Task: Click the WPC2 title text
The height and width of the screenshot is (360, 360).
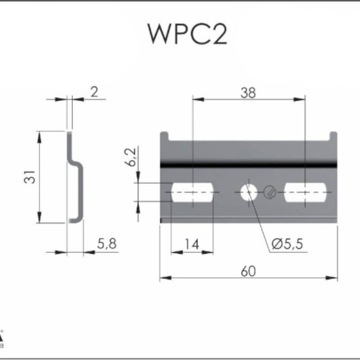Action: point(187,34)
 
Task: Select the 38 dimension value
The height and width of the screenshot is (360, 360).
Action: point(248,93)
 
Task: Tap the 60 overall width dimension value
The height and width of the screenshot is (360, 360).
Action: point(248,271)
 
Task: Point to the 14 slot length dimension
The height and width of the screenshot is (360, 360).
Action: point(192,244)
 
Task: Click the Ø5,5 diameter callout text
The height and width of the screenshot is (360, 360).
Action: point(287,244)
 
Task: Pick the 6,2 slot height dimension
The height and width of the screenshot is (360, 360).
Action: point(130,157)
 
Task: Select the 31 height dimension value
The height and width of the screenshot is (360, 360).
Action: point(30,177)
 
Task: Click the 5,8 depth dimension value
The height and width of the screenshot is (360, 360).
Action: point(107,244)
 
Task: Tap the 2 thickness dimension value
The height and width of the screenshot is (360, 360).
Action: point(94,92)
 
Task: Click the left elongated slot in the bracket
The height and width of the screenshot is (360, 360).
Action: point(193,193)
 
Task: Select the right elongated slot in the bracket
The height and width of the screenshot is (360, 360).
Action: point(305,193)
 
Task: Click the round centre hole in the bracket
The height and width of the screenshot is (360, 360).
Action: point(248,193)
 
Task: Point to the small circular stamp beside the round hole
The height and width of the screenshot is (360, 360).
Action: point(270,193)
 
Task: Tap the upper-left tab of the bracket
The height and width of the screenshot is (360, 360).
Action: point(164,136)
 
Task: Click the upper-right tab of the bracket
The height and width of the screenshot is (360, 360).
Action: point(334,136)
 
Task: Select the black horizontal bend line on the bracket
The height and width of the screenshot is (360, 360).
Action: point(248,164)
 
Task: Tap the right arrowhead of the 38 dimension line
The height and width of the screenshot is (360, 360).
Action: point(299,100)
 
